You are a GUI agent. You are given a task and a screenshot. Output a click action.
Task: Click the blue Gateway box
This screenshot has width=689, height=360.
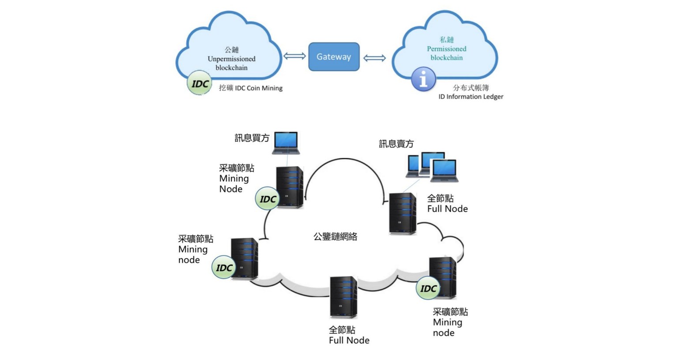pos(334,56)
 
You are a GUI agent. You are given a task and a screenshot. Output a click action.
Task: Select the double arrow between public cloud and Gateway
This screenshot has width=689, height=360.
pos(294,56)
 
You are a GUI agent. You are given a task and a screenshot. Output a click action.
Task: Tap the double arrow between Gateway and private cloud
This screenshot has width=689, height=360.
pos(374,58)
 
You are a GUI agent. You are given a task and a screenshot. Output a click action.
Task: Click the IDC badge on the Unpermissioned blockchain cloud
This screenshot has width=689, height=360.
pos(200,83)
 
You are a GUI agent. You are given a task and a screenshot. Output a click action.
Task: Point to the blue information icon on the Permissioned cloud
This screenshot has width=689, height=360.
pos(423,79)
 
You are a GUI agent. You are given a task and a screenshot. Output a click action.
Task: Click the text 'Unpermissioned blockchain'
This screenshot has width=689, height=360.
pos(232,63)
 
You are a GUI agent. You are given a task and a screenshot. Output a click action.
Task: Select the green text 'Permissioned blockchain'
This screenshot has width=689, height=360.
pos(446,53)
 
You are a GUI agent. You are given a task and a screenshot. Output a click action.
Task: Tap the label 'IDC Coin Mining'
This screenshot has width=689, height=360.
pos(251,88)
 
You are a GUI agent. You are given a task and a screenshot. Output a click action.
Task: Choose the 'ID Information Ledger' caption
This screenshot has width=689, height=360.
pos(471,97)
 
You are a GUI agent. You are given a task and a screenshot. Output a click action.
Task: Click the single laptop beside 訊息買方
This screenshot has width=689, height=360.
pos(286,142)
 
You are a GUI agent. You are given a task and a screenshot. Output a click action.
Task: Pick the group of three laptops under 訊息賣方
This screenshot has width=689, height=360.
pos(432,167)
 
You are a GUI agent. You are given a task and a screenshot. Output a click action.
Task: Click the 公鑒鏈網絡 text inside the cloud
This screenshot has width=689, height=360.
pos(335,236)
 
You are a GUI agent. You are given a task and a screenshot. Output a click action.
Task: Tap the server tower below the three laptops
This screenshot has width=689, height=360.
pos(402,214)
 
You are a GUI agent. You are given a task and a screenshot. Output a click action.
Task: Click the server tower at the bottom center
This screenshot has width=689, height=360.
pos(343,296)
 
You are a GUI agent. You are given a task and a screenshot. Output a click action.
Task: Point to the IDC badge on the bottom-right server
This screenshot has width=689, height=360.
pos(428,289)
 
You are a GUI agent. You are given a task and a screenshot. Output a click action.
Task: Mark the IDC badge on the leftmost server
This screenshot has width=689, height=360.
pos(224,267)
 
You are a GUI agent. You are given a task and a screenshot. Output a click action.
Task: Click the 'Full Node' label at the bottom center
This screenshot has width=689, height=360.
pos(349,340)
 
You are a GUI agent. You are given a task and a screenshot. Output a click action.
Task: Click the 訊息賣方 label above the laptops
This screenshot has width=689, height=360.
pos(396,144)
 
